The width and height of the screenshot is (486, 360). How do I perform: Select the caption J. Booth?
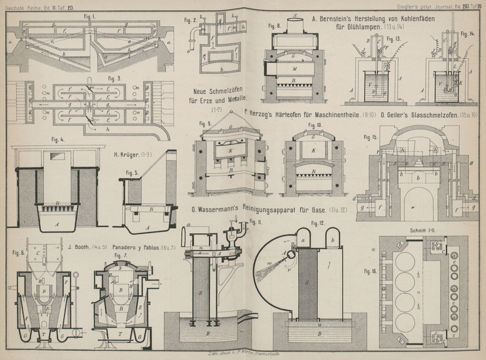80,246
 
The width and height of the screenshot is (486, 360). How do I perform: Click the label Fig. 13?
394,38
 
